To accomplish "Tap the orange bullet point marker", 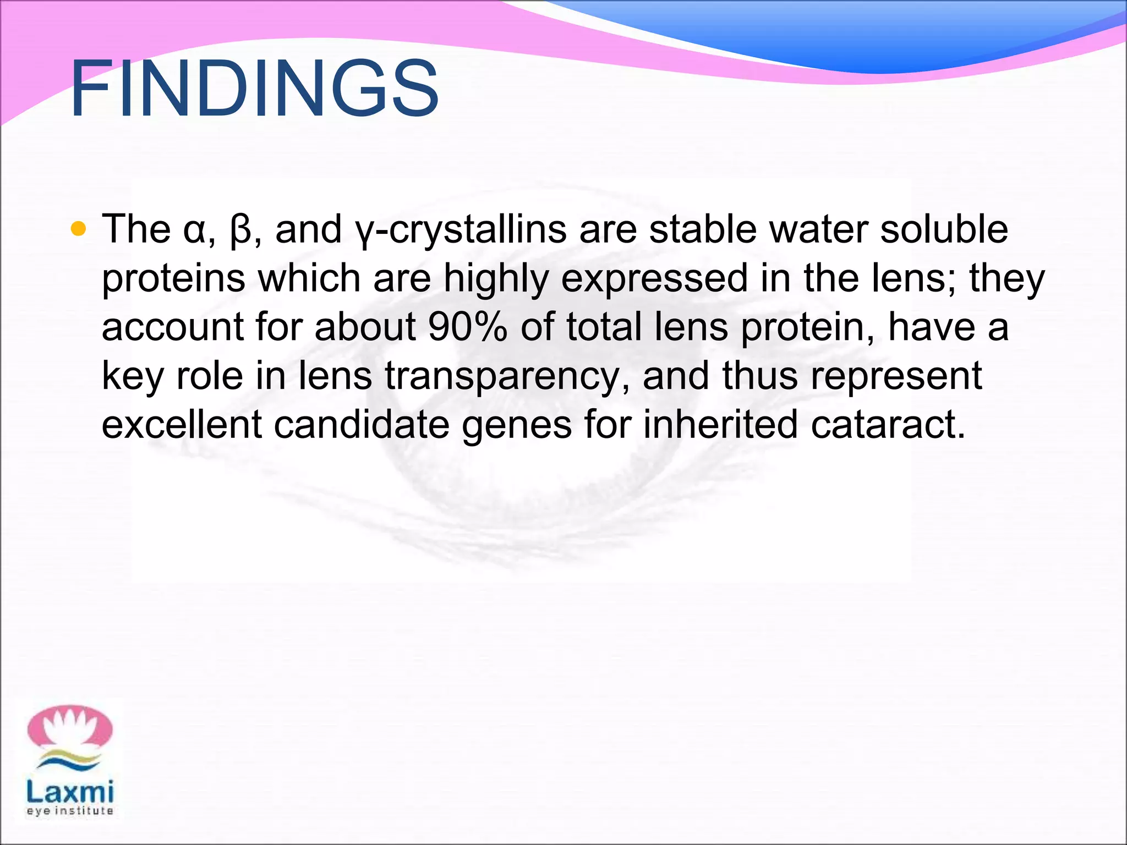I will click(79, 229).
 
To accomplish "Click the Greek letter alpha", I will click(194, 230).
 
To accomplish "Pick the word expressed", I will click(654, 278).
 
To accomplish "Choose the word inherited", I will click(720, 425).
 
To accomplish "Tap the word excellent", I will click(182, 425).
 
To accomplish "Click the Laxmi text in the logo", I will click(70, 792).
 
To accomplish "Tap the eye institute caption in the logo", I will click(70, 811).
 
